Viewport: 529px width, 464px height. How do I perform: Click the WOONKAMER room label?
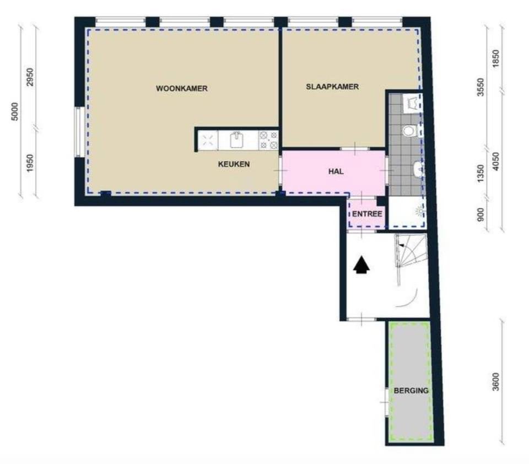tap(181, 88)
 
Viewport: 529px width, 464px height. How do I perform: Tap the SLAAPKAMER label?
tap(332, 87)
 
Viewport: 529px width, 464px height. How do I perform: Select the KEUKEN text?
tap(234, 164)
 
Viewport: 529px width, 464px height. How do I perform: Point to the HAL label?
tap(336, 171)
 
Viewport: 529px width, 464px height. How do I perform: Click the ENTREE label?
tap(367, 214)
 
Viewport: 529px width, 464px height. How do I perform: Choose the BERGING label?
tap(411, 391)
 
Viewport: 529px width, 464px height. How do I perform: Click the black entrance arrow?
tap(361, 265)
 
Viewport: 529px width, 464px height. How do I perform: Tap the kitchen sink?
tap(237, 140)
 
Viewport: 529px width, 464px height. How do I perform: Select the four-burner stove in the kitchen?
tap(268, 141)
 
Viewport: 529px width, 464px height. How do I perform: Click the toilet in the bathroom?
tap(409, 131)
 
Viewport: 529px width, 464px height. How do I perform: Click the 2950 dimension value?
tap(30, 77)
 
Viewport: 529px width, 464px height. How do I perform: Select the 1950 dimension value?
tap(30, 163)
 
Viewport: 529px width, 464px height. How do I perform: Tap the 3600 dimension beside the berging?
tap(495, 382)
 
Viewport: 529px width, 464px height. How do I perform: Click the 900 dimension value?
tap(481, 214)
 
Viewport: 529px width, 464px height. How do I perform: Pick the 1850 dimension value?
tap(495, 58)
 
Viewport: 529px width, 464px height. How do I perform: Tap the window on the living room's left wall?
tap(79, 132)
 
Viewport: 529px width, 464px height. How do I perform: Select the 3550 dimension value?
tap(481, 87)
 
